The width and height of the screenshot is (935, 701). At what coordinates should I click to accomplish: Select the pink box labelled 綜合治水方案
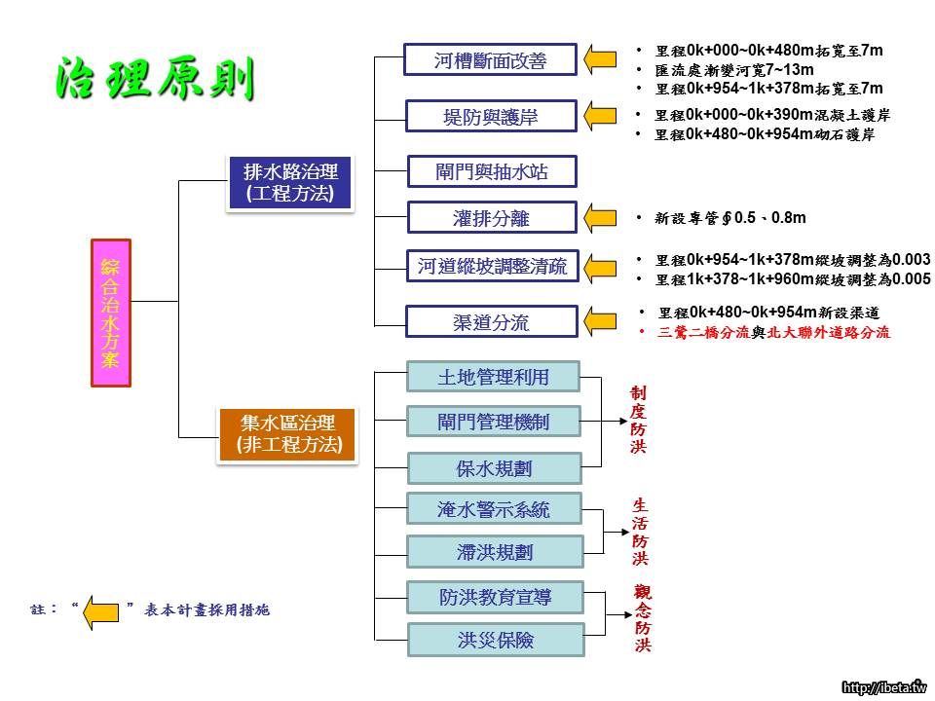point(110,312)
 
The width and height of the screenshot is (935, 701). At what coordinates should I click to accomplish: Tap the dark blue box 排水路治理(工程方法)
point(290,183)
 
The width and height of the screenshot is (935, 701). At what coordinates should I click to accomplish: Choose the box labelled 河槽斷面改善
point(491,61)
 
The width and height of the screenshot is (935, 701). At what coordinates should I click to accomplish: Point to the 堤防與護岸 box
point(491,118)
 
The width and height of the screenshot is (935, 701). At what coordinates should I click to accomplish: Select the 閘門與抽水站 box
point(491,172)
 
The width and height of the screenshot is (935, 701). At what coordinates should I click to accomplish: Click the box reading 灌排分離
point(491,218)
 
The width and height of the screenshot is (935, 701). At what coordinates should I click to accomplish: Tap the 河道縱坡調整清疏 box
point(491,266)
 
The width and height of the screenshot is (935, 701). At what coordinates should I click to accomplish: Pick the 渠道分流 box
point(491,322)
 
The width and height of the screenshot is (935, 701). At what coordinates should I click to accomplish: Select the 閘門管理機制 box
point(493,422)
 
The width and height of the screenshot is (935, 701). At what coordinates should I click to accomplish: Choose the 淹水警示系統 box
point(493,508)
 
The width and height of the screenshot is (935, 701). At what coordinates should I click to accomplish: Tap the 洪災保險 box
point(495,641)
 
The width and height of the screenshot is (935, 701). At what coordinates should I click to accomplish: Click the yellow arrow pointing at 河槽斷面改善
point(601,61)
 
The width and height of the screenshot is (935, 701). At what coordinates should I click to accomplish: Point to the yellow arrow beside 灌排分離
point(601,218)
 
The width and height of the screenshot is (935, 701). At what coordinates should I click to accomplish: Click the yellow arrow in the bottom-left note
point(100,612)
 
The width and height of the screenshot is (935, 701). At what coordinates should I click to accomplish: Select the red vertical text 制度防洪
point(639,420)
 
